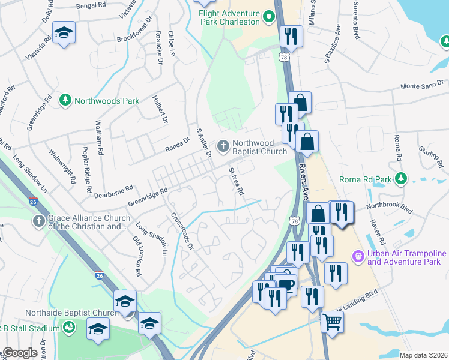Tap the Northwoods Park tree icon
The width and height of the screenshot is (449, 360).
pos(65,101)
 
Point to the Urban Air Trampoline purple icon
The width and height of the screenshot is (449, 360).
pos(358,257)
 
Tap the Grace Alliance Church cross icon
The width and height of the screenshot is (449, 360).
pos(39,222)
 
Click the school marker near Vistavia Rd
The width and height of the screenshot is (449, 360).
pos(64,34)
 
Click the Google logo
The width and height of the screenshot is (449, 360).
pos(20,353)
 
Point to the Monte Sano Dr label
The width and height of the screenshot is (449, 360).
pos(426,86)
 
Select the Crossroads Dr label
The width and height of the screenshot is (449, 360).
pos(182,231)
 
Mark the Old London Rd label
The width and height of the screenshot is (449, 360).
pos(137,256)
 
